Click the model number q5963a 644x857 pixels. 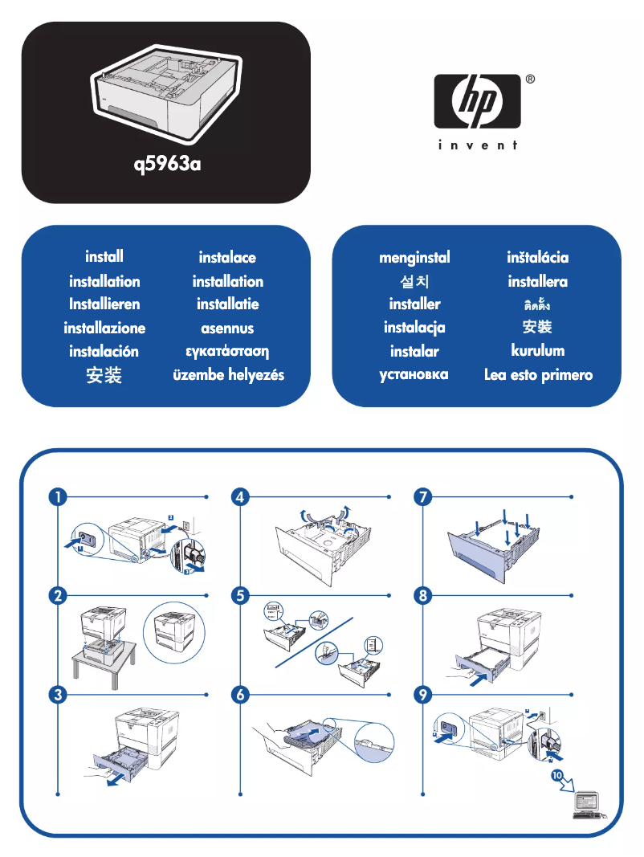click(x=166, y=166)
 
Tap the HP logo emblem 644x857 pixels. click(x=479, y=102)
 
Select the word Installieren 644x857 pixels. click(x=104, y=304)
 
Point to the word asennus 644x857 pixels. click(x=227, y=328)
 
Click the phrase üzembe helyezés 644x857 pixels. click(x=228, y=375)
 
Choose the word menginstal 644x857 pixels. click(x=414, y=258)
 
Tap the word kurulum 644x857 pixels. click(x=537, y=350)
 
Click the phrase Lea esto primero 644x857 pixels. click(x=538, y=375)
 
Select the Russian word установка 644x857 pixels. click(x=414, y=374)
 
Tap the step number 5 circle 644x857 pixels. click(x=239, y=596)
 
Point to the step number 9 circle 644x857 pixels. click(x=422, y=696)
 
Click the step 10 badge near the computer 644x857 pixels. click(x=557, y=775)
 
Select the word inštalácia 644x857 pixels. click(x=537, y=258)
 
